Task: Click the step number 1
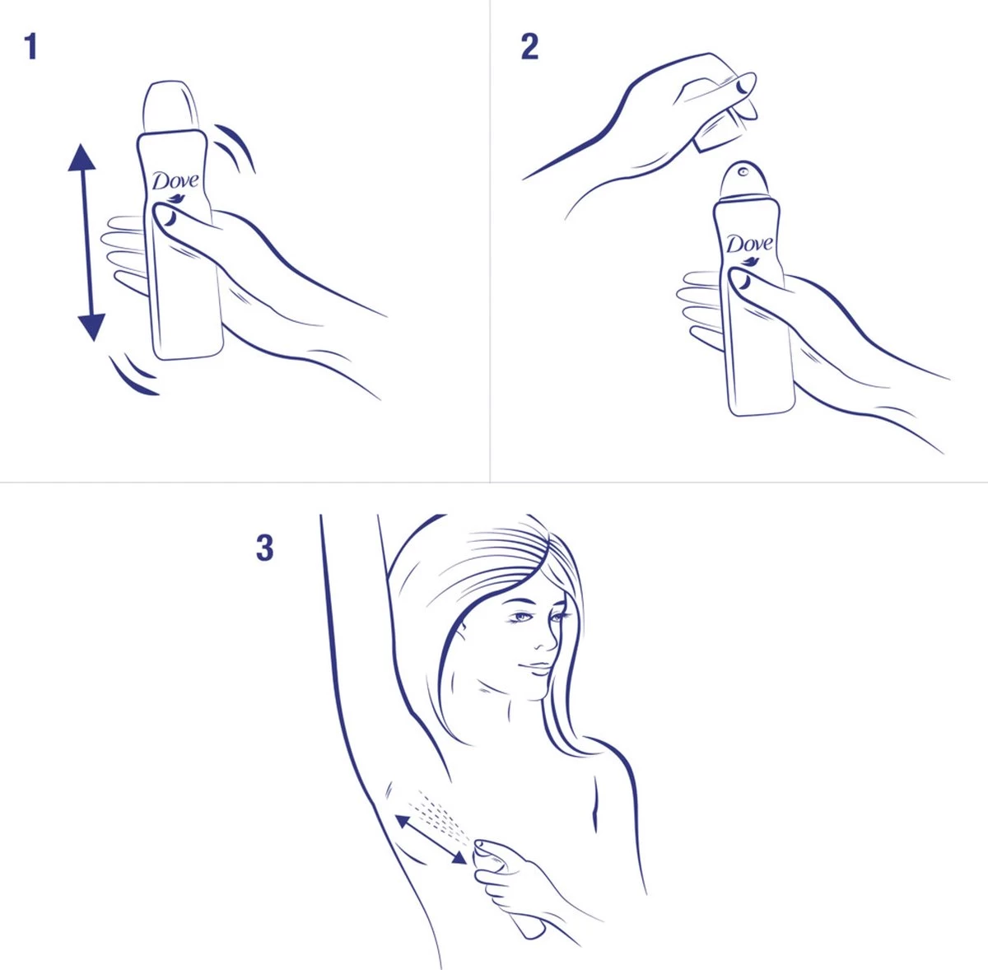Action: pyautogui.click(x=30, y=47)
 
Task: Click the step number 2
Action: pyautogui.click(x=529, y=47)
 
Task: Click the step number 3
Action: pyautogui.click(x=264, y=548)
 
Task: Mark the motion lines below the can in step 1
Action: pyautogui.click(x=134, y=375)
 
